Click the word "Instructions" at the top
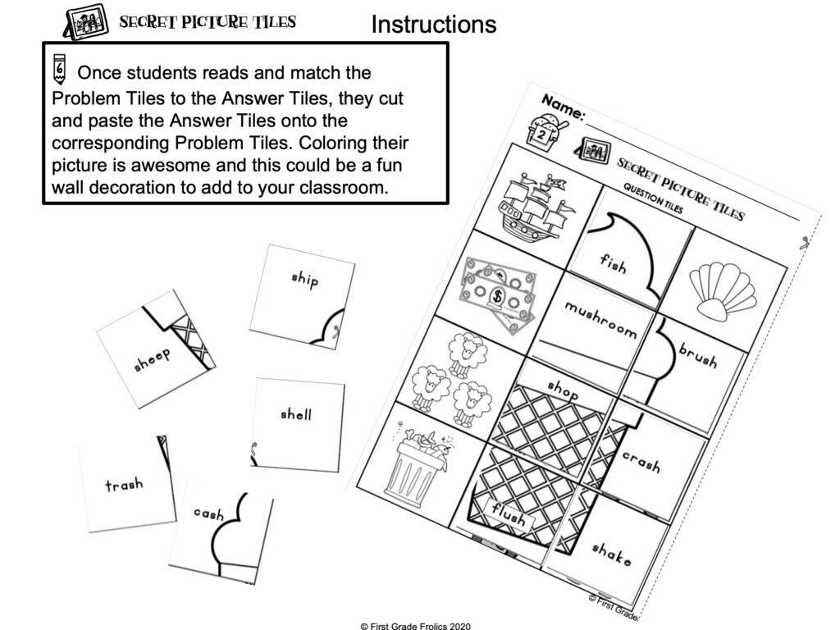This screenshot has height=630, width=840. pos(433,24)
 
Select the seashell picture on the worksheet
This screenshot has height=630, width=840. pos(721,287)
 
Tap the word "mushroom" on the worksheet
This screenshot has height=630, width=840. pos(600,319)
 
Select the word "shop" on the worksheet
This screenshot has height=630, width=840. pos(563,389)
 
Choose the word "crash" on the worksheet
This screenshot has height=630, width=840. pos(641,461)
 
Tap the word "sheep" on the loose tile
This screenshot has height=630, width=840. pos(153,359)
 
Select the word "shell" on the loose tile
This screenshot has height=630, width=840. pos(295,414)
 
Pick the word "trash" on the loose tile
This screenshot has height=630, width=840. pos(124,485)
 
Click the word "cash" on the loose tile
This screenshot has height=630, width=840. pos(208,514)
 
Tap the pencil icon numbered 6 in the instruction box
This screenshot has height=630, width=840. pos(59,70)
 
